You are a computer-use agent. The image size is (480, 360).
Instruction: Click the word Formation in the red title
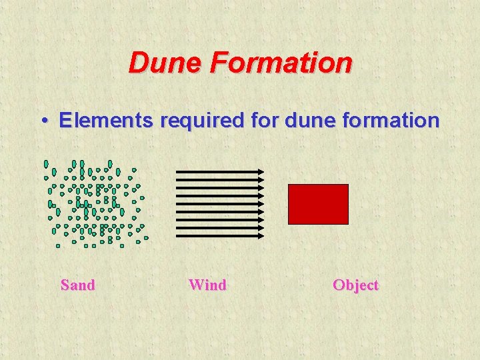(x=281, y=63)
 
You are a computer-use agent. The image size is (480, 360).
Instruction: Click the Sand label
(x=77, y=285)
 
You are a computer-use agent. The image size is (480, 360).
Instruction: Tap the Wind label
(x=207, y=285)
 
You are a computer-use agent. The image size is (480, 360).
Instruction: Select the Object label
(x=355, y=285)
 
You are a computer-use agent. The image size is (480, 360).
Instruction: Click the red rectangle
(x=318, y=204)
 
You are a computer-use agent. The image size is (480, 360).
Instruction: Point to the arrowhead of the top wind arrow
(x=261, y=172)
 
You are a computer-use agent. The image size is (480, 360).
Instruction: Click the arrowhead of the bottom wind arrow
(x=261, y=236)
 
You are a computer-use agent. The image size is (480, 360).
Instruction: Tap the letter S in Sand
(x=65, y=285)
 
